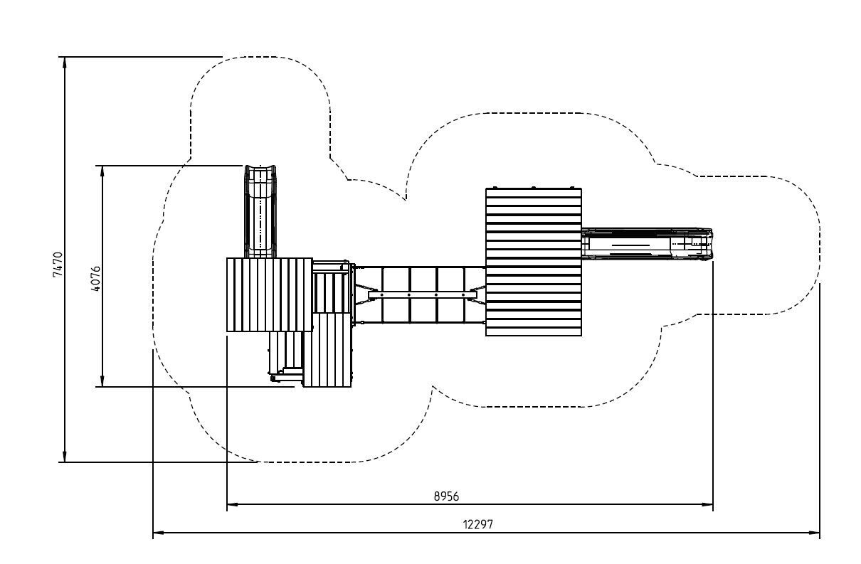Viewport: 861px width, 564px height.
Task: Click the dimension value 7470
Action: (58, 263)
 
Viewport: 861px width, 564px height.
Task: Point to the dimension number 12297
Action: (478, 524)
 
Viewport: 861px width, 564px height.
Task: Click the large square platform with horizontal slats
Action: (533, 262)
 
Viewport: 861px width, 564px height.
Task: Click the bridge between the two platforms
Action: (420, 294)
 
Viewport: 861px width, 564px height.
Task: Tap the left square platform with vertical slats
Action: (269, 294)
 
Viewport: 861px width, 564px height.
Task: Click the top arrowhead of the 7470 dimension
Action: (65, 62)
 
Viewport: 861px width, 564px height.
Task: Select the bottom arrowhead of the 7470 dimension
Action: (65, 457)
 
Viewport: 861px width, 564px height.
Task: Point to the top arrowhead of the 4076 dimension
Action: (102, 171)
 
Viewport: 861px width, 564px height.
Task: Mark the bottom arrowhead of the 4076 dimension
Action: (102, 382)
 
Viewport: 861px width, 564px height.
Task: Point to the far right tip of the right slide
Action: (712, 245)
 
